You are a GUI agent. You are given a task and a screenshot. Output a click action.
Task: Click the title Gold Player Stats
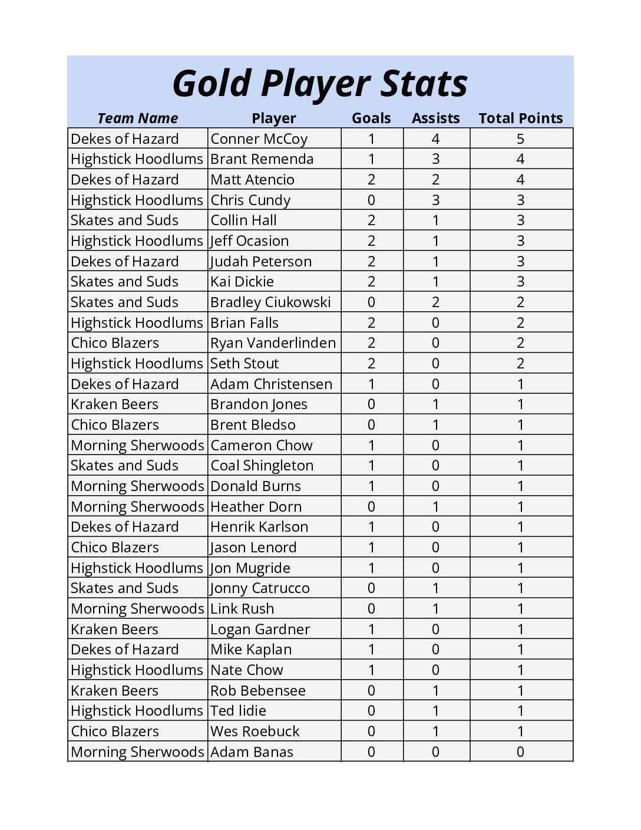[320, 83]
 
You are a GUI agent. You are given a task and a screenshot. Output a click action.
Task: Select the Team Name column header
[137, 118]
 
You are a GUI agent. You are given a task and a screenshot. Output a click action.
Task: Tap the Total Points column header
[520, 118]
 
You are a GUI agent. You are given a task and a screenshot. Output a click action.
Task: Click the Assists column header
[435, 118]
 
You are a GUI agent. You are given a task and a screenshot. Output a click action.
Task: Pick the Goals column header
[371, 118]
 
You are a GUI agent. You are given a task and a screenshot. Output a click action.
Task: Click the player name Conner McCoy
[259, 139]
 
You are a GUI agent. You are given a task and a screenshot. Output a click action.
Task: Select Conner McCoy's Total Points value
[520, 139]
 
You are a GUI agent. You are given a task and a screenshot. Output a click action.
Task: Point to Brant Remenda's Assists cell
[435, 159]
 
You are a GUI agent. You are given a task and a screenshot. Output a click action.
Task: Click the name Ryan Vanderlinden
[273, 343]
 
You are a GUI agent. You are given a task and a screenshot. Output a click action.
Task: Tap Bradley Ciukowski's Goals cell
[371, 302]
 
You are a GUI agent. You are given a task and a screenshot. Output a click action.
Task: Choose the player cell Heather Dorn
[256, 507]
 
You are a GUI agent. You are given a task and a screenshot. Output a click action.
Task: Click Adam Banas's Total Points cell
[520, 752]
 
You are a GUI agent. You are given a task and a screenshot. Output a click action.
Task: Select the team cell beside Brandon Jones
[115, 404]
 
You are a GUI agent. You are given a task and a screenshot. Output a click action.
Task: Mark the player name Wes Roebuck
[255, 732]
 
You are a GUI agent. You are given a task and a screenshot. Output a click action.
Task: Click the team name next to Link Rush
[137, 609]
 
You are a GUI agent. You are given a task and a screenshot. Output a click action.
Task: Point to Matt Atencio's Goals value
[371, 180]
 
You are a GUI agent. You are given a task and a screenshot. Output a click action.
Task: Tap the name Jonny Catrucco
[260, 588]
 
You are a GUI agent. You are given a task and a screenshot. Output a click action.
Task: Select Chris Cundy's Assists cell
[435, 200]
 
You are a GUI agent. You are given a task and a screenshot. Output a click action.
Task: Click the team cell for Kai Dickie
[124, 282]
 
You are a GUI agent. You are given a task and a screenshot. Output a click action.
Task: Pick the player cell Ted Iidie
[238, 711]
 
